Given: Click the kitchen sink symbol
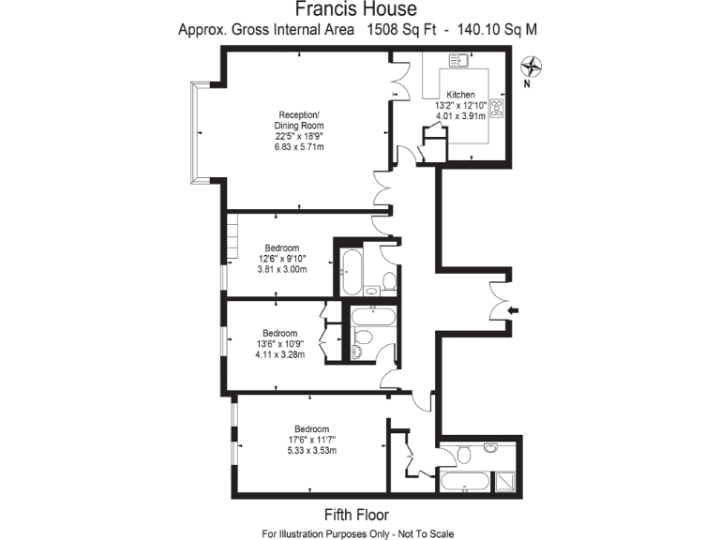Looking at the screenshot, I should point(458,61).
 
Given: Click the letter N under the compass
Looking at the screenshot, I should point(528,83).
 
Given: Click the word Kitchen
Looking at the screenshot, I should point(460,95).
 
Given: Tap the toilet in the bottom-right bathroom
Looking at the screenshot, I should point(462,455).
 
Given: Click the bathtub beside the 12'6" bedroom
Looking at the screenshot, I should point(350,273).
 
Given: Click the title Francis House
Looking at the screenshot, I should point(358,9).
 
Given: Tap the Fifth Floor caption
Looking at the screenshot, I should point(356,515).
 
